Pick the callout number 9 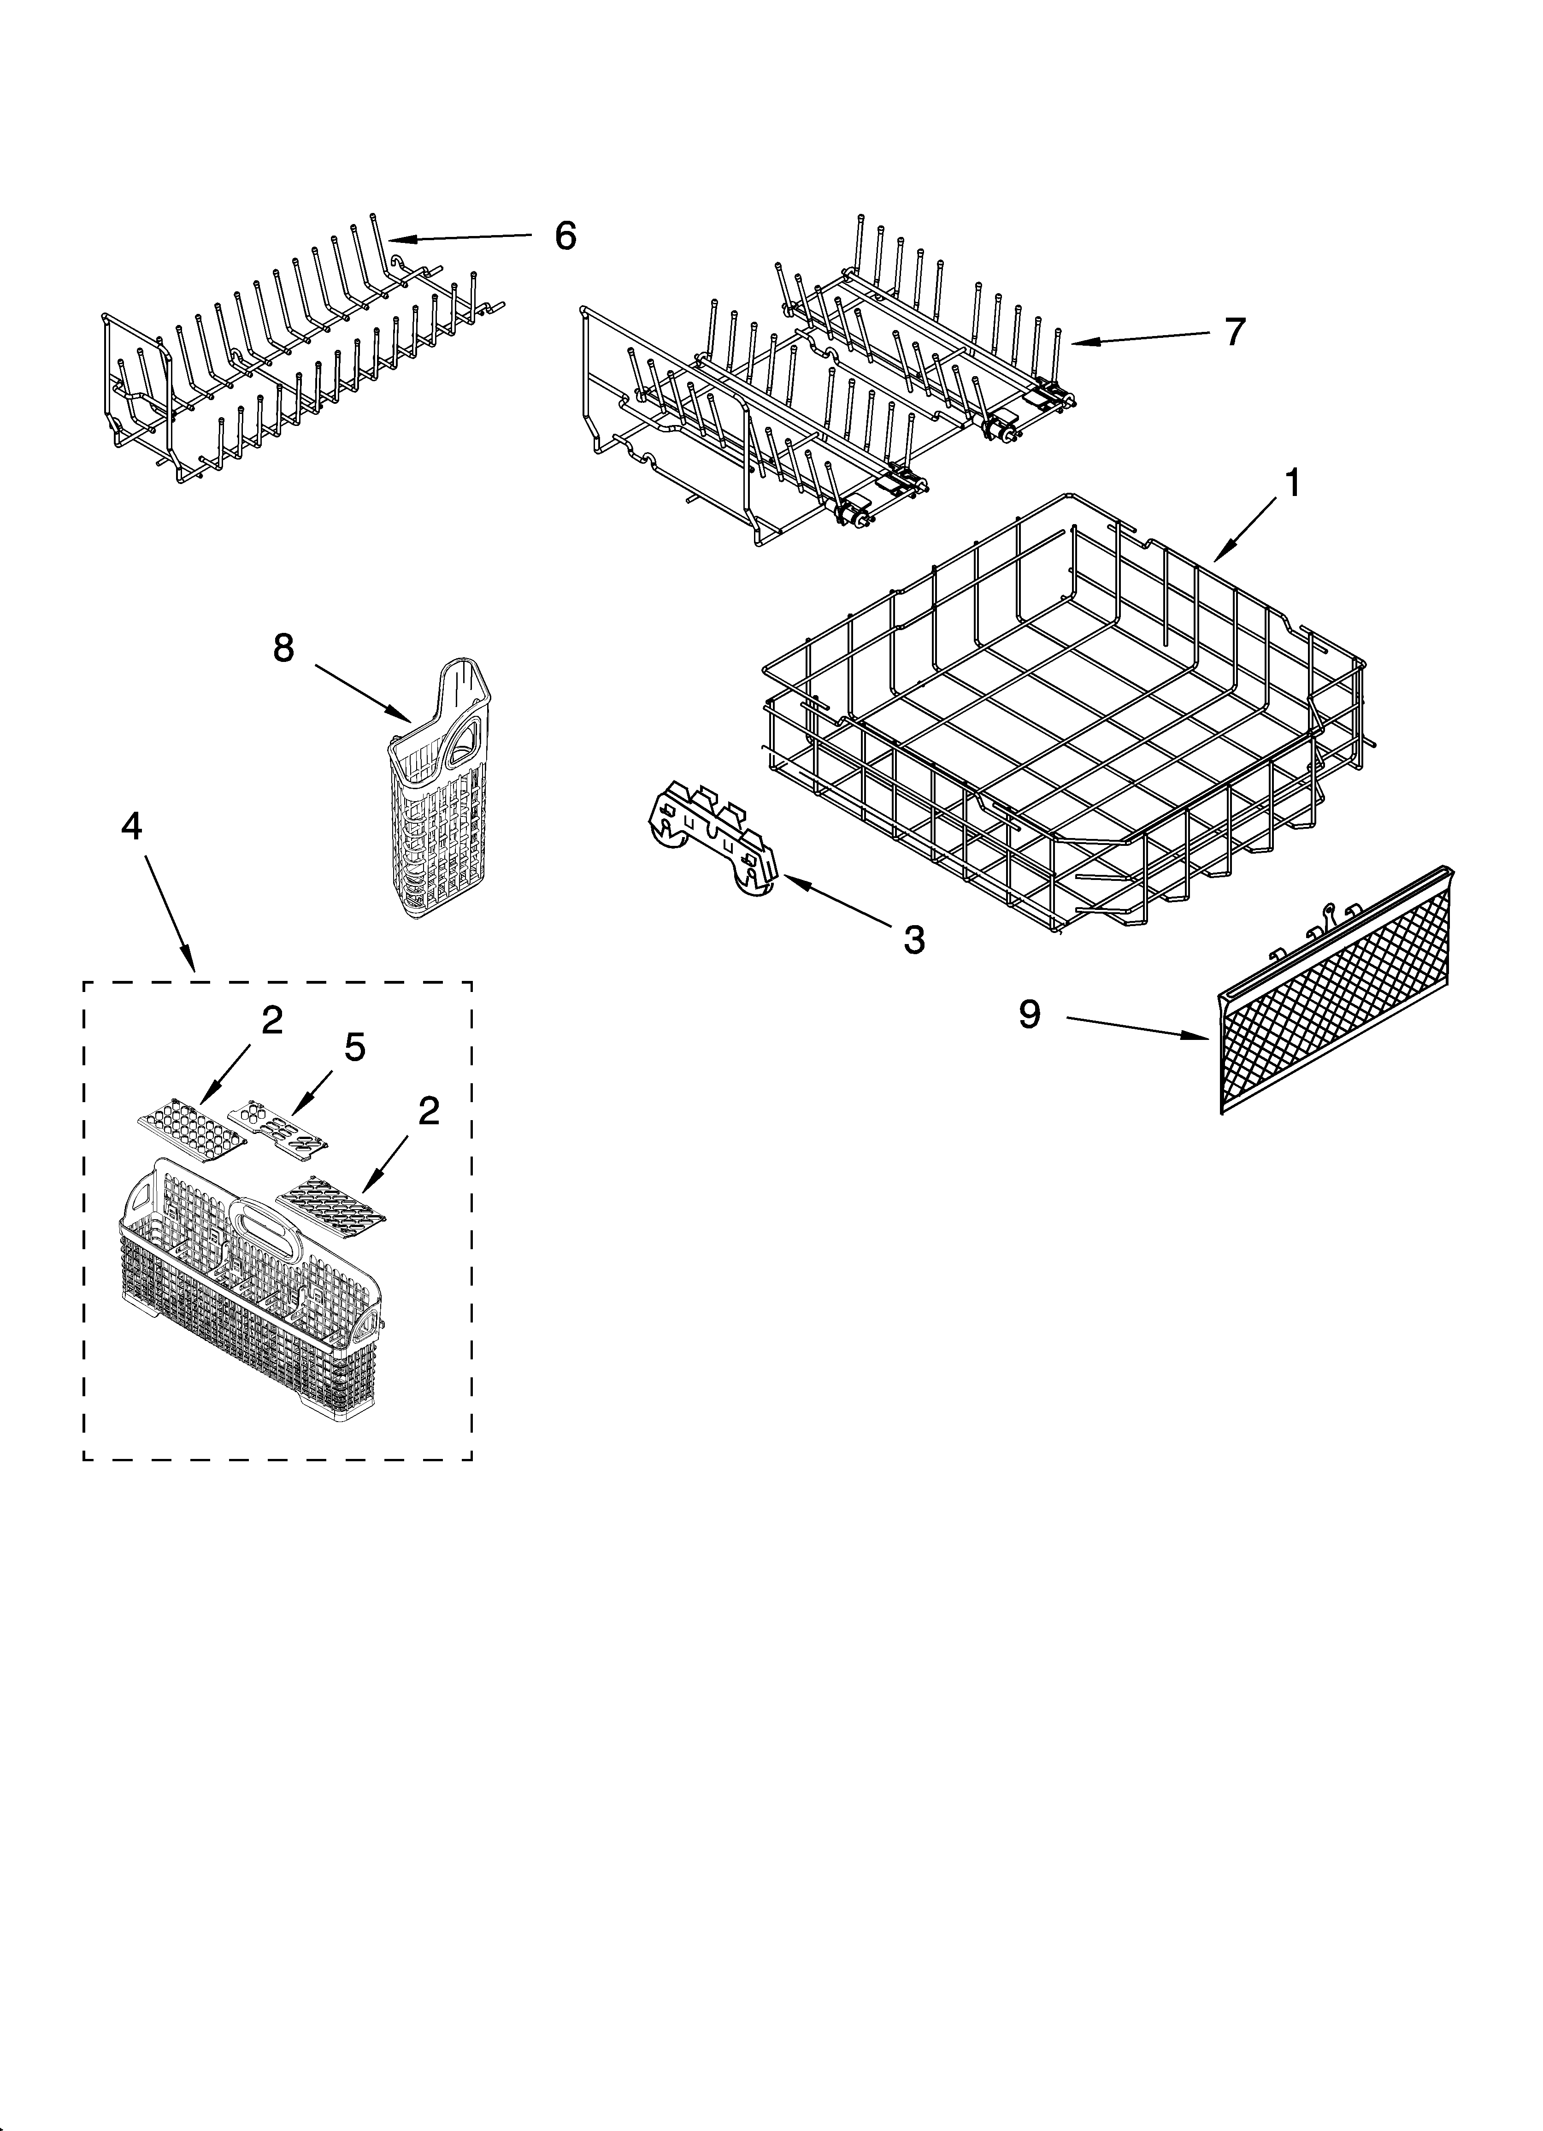coord(1030,1014)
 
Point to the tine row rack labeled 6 coord(300,357)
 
